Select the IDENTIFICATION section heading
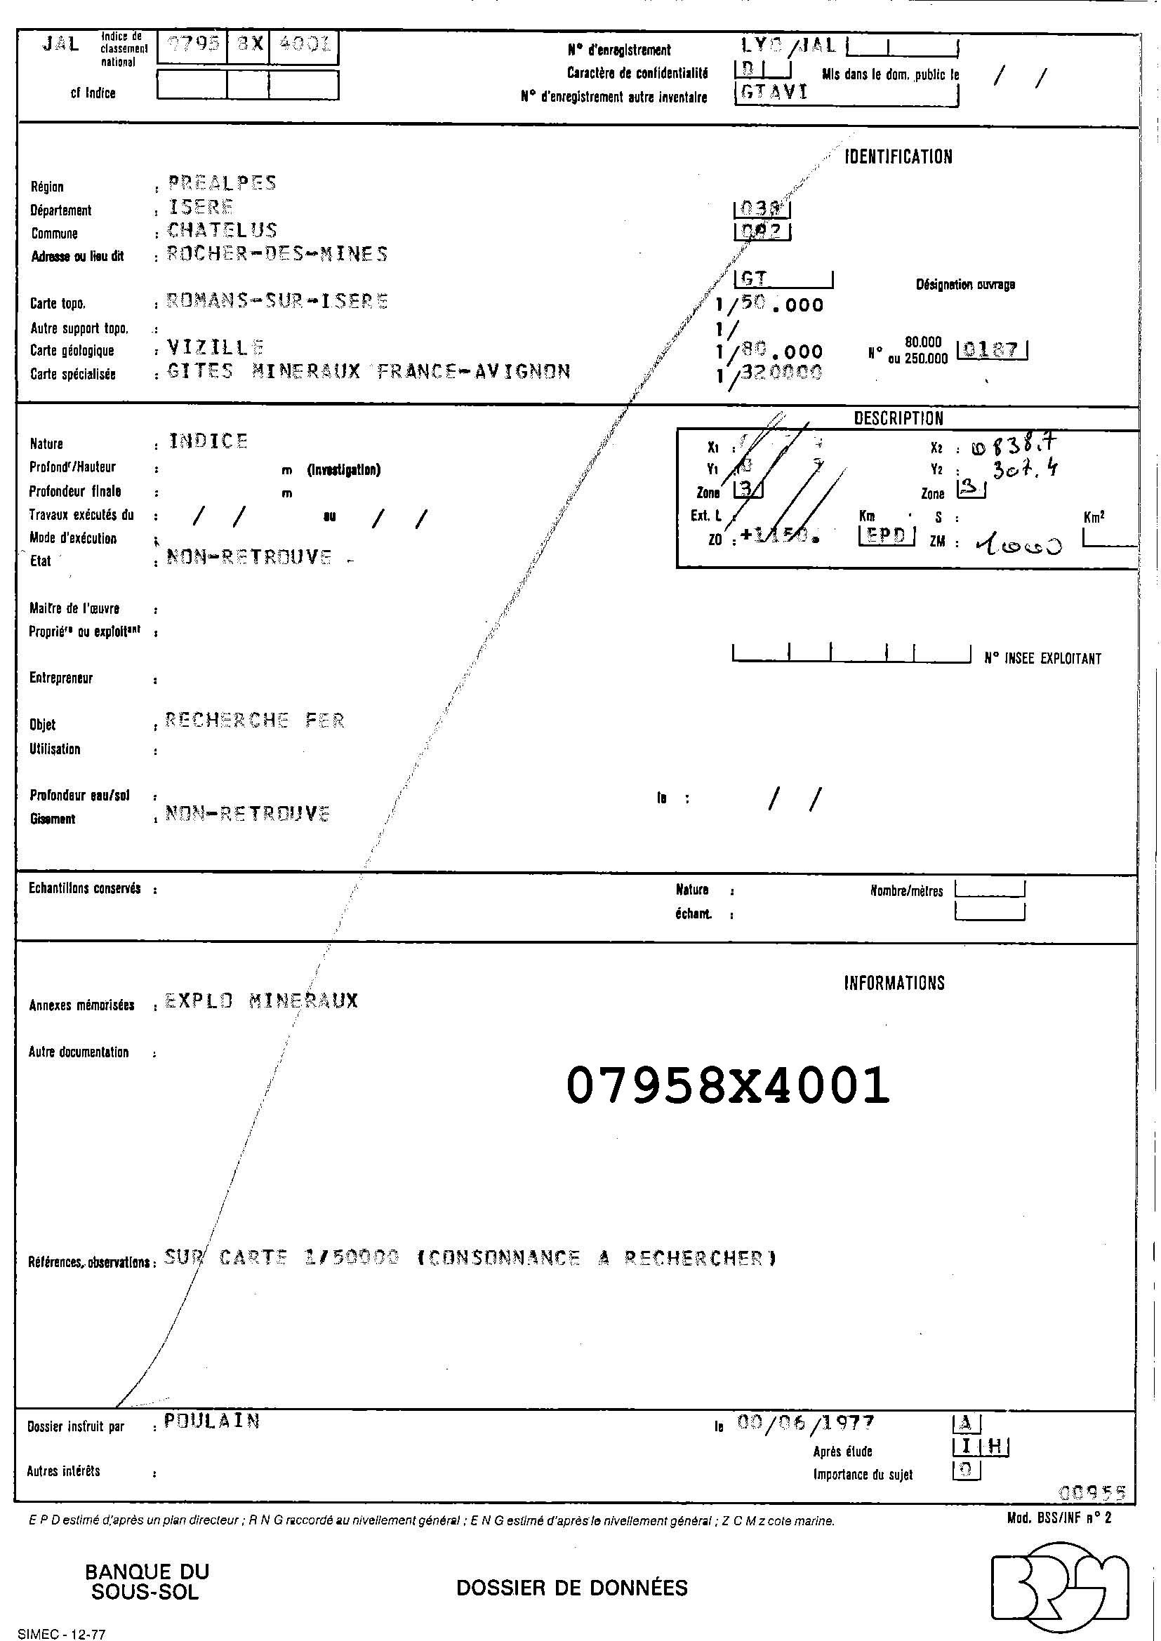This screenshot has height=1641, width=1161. pos(898,156)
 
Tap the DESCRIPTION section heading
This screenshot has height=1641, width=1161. pos(898,418)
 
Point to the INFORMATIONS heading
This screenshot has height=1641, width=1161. pos(894,983)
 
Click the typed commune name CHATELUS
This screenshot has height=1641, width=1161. pos(222,230)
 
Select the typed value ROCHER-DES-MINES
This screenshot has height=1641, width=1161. pos(277,254)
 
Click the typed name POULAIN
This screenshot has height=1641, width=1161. pos(211,1421)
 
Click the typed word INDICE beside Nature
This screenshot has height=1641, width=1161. pos(208,441)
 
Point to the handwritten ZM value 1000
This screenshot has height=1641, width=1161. pos(1018,545)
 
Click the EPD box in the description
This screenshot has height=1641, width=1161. pos(887,535)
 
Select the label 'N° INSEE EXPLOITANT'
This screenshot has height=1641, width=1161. pos(1042,658)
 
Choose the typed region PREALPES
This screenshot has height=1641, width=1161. pos(222,183)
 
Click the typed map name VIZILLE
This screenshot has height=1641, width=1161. pos(215,347)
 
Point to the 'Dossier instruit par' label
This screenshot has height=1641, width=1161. pos(76,1426)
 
